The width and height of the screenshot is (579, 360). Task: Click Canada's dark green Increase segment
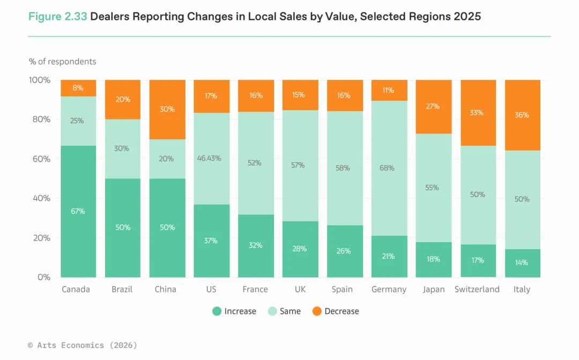coord(78,211)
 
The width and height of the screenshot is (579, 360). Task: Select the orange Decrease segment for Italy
coord(522,115)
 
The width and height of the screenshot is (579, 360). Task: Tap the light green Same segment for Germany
coord(389,168)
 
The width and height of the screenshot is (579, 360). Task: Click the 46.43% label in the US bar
coord(211,159)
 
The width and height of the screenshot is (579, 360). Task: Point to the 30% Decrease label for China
coord(167,109)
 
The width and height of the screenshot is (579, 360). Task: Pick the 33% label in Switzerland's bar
coord(477,113)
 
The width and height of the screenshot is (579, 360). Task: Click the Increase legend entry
coord(234,311)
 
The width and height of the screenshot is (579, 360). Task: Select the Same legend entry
coord(284,311)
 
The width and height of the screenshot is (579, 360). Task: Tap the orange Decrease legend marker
coord(317,311)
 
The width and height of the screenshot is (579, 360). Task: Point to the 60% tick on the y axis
coord(40,159)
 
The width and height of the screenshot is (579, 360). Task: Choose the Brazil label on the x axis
coord(122,289)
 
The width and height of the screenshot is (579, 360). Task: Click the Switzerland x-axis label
coord(477,289)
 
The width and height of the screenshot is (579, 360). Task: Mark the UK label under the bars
coord(300,289)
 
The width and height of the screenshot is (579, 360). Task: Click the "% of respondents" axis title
coord(62,62)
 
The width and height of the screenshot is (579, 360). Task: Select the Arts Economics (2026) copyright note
coord(83,346)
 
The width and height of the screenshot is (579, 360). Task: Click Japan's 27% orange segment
coord(433,106)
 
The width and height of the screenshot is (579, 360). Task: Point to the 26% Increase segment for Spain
coord(344,251)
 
